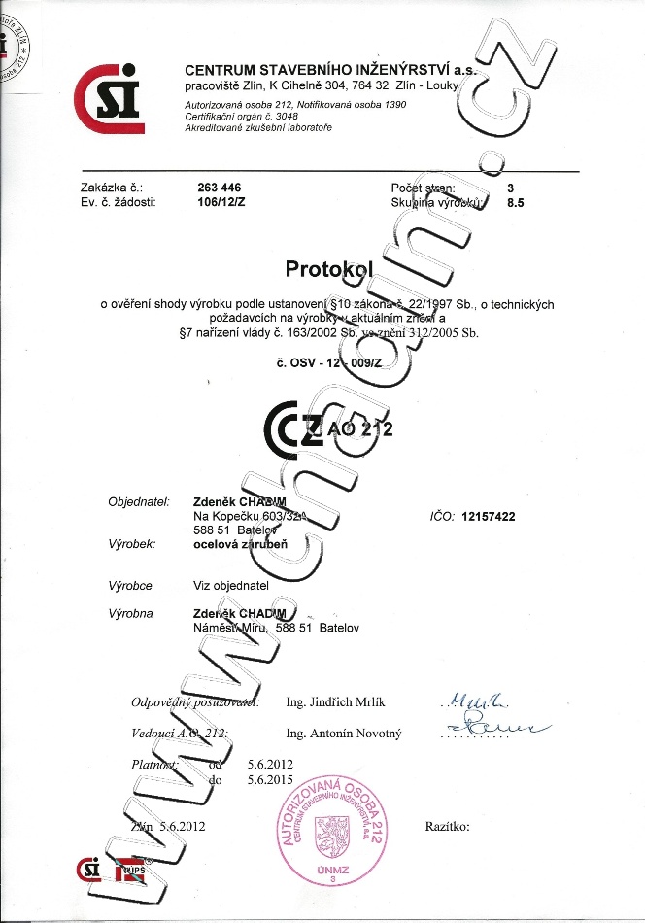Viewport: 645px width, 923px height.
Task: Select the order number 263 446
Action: tap(219, 188)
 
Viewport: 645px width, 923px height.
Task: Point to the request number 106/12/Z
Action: tap(219, 203)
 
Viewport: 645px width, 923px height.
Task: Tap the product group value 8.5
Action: tap(516, 203)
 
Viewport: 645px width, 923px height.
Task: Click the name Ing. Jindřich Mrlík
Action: tap(336, 701)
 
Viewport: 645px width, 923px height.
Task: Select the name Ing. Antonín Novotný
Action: tap(343, 734)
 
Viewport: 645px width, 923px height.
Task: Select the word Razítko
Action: tap(447, 826)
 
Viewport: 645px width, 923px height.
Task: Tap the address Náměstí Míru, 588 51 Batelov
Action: tap(276, 629)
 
